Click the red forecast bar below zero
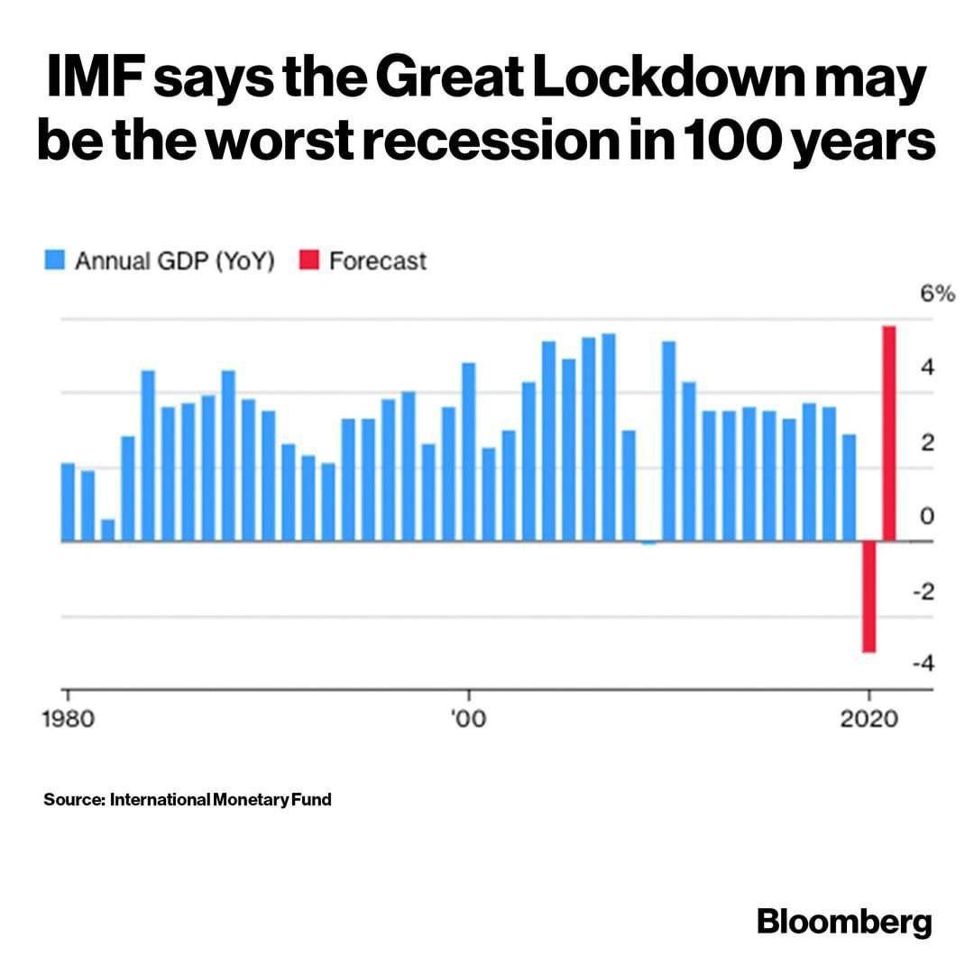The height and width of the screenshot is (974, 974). pos(869,596)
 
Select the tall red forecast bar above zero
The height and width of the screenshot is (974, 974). pos(889,434)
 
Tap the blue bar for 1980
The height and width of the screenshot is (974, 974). pos(68,501)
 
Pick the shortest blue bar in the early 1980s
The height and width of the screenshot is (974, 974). pos(108,530)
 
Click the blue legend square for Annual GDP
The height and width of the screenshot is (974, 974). pos(56,262)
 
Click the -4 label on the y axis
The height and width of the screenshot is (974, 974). pos(922,663)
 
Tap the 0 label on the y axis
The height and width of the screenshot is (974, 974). pos(925,516)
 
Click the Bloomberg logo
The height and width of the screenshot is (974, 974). pos(843,923)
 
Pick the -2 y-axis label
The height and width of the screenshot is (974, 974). pos(922,591)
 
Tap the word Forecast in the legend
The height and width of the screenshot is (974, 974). pos(377,262)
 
